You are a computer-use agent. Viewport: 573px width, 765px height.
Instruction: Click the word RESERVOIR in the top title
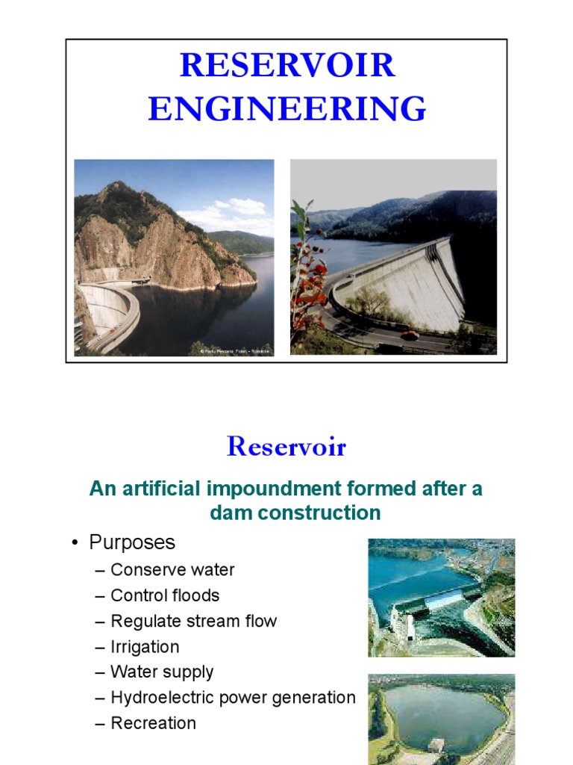(x=286, y=66)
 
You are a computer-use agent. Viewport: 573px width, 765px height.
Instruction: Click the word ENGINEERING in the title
(x=286, y=108)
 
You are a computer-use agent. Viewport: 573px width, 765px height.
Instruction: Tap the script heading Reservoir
(x=286, y=447)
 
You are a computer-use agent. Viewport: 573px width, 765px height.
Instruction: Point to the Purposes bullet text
(x=132, y=542)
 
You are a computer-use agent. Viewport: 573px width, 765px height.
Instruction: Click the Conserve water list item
(x=172, y=570)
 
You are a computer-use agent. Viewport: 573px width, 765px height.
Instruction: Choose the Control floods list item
(x=164, y=595)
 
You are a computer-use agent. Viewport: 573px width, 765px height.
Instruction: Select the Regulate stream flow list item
(x=193, y=621)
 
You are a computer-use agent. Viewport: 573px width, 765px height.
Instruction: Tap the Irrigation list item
(x=145, y=647)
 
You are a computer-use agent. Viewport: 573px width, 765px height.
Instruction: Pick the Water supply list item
(x=162, y=672)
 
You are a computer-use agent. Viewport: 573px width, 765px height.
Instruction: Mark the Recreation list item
(x=153, y=723)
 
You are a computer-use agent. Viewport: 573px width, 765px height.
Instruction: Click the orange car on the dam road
(x=409, y=335)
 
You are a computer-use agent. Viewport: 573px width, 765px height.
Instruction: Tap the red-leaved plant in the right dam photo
(x=308, y=269)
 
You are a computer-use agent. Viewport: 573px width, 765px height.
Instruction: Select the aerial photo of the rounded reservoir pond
(x=441, y=719)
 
